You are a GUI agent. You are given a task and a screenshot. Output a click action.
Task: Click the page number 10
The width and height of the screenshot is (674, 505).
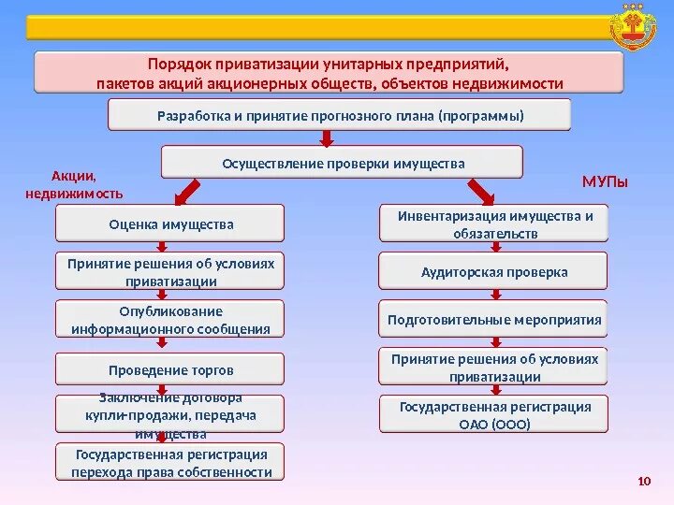(x=642, y=482)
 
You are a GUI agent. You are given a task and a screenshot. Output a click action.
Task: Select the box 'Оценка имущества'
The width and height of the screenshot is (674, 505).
(x=170, y=224)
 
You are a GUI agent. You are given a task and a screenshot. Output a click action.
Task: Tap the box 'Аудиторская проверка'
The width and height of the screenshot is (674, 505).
(x=493, y=272)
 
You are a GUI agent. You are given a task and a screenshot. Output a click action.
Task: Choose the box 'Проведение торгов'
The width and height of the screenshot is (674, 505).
(x=170, y=370)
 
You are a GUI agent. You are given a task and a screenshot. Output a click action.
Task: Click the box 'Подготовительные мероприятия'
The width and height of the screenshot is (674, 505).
(x=493, y=320)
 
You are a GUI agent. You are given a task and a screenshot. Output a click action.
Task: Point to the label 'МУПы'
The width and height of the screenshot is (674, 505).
(x=605, y=180)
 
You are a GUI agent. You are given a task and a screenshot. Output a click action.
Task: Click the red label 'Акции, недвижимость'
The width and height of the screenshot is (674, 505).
(x=74, y=184)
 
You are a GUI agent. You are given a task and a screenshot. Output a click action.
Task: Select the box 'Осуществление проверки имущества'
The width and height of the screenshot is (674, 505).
(x=343, y=163)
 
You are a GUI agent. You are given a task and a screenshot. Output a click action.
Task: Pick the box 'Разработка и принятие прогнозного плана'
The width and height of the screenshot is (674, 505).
(x=339, y=116)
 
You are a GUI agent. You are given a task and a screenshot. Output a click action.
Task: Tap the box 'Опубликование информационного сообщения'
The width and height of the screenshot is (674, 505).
(x=170, y=320)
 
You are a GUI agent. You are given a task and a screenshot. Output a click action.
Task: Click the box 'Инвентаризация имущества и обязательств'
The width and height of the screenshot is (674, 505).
(x=493, y=224)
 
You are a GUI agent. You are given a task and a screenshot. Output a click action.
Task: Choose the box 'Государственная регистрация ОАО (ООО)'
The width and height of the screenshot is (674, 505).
(x=493, y=414)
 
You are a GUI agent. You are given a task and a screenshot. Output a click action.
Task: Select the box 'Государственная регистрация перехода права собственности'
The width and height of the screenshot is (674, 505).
(x=170, y=463)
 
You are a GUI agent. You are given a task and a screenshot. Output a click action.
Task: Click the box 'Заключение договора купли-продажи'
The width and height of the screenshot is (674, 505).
(x=170, y=414)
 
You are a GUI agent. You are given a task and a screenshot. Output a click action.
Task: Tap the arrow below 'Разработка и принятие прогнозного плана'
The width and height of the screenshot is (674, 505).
(x=327, y=138)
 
